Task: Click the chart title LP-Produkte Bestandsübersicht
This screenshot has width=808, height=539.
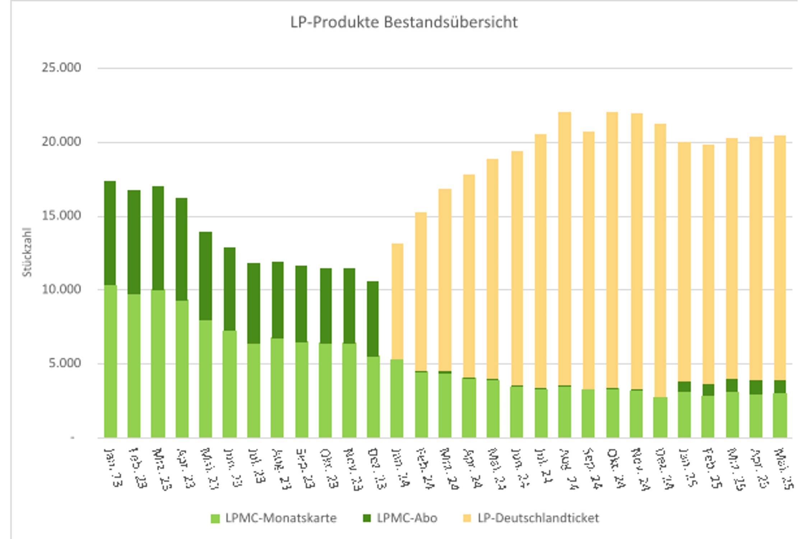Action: [404, 22]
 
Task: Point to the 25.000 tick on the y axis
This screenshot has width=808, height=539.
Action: [61, 68]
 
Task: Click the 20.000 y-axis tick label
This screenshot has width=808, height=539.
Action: [61, 142]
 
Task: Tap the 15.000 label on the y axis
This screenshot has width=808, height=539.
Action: [61, 216]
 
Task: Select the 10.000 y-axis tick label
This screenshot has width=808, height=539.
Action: [61, 290]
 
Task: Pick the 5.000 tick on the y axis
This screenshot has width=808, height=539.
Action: [65, 363]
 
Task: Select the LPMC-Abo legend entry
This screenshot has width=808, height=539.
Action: [407, 518]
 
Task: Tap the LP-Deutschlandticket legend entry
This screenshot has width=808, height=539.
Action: [538, 518]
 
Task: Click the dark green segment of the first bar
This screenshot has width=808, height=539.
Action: [110, 234]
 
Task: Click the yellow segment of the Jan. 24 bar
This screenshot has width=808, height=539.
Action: [397, 302]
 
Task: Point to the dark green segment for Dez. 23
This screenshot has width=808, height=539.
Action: [373, 319]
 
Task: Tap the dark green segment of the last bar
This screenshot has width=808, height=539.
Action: [780, 387]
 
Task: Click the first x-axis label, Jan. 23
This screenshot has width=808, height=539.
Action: [113, 467]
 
